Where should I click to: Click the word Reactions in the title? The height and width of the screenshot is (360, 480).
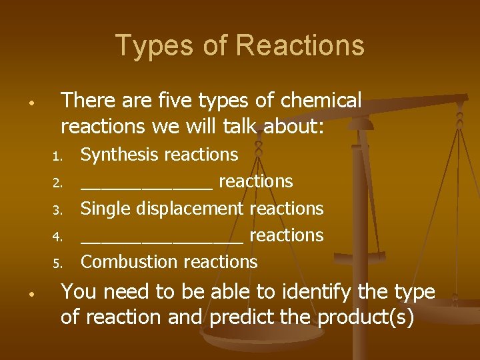[x=300, y=46]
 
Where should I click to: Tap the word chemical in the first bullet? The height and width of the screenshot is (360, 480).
[x=321, y=101]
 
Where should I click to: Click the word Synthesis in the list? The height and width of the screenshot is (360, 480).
[x=118, y=155]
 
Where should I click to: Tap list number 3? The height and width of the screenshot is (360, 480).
[x=57, y=210]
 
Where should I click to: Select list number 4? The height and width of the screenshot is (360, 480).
[x=57, y=237]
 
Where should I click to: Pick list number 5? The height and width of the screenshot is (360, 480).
[x=57, y=263]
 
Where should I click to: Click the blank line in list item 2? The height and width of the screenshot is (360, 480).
[x=147, y=189]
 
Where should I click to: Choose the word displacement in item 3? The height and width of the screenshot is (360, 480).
[x=191, y=209]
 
